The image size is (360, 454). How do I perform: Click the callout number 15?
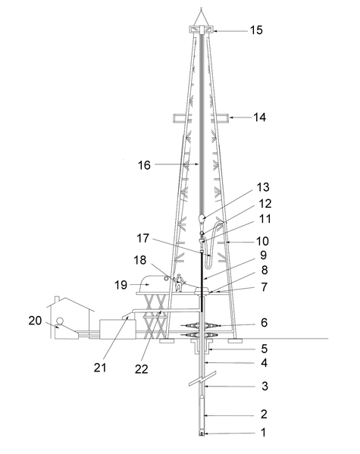point(256,30)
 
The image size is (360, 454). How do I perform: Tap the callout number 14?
point(260,117)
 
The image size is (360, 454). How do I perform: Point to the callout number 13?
point(262,186)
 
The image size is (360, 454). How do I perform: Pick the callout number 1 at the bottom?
point(264,434)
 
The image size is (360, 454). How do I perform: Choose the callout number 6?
point(263,323)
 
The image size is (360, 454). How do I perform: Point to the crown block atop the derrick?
point(202,30)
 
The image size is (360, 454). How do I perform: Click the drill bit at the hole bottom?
point(202,434)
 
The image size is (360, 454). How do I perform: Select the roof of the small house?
point(69,302)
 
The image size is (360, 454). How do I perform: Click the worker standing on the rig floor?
point(180,283)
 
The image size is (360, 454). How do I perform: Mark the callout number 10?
point(262,240)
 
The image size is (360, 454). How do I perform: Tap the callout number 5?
point(263,350)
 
